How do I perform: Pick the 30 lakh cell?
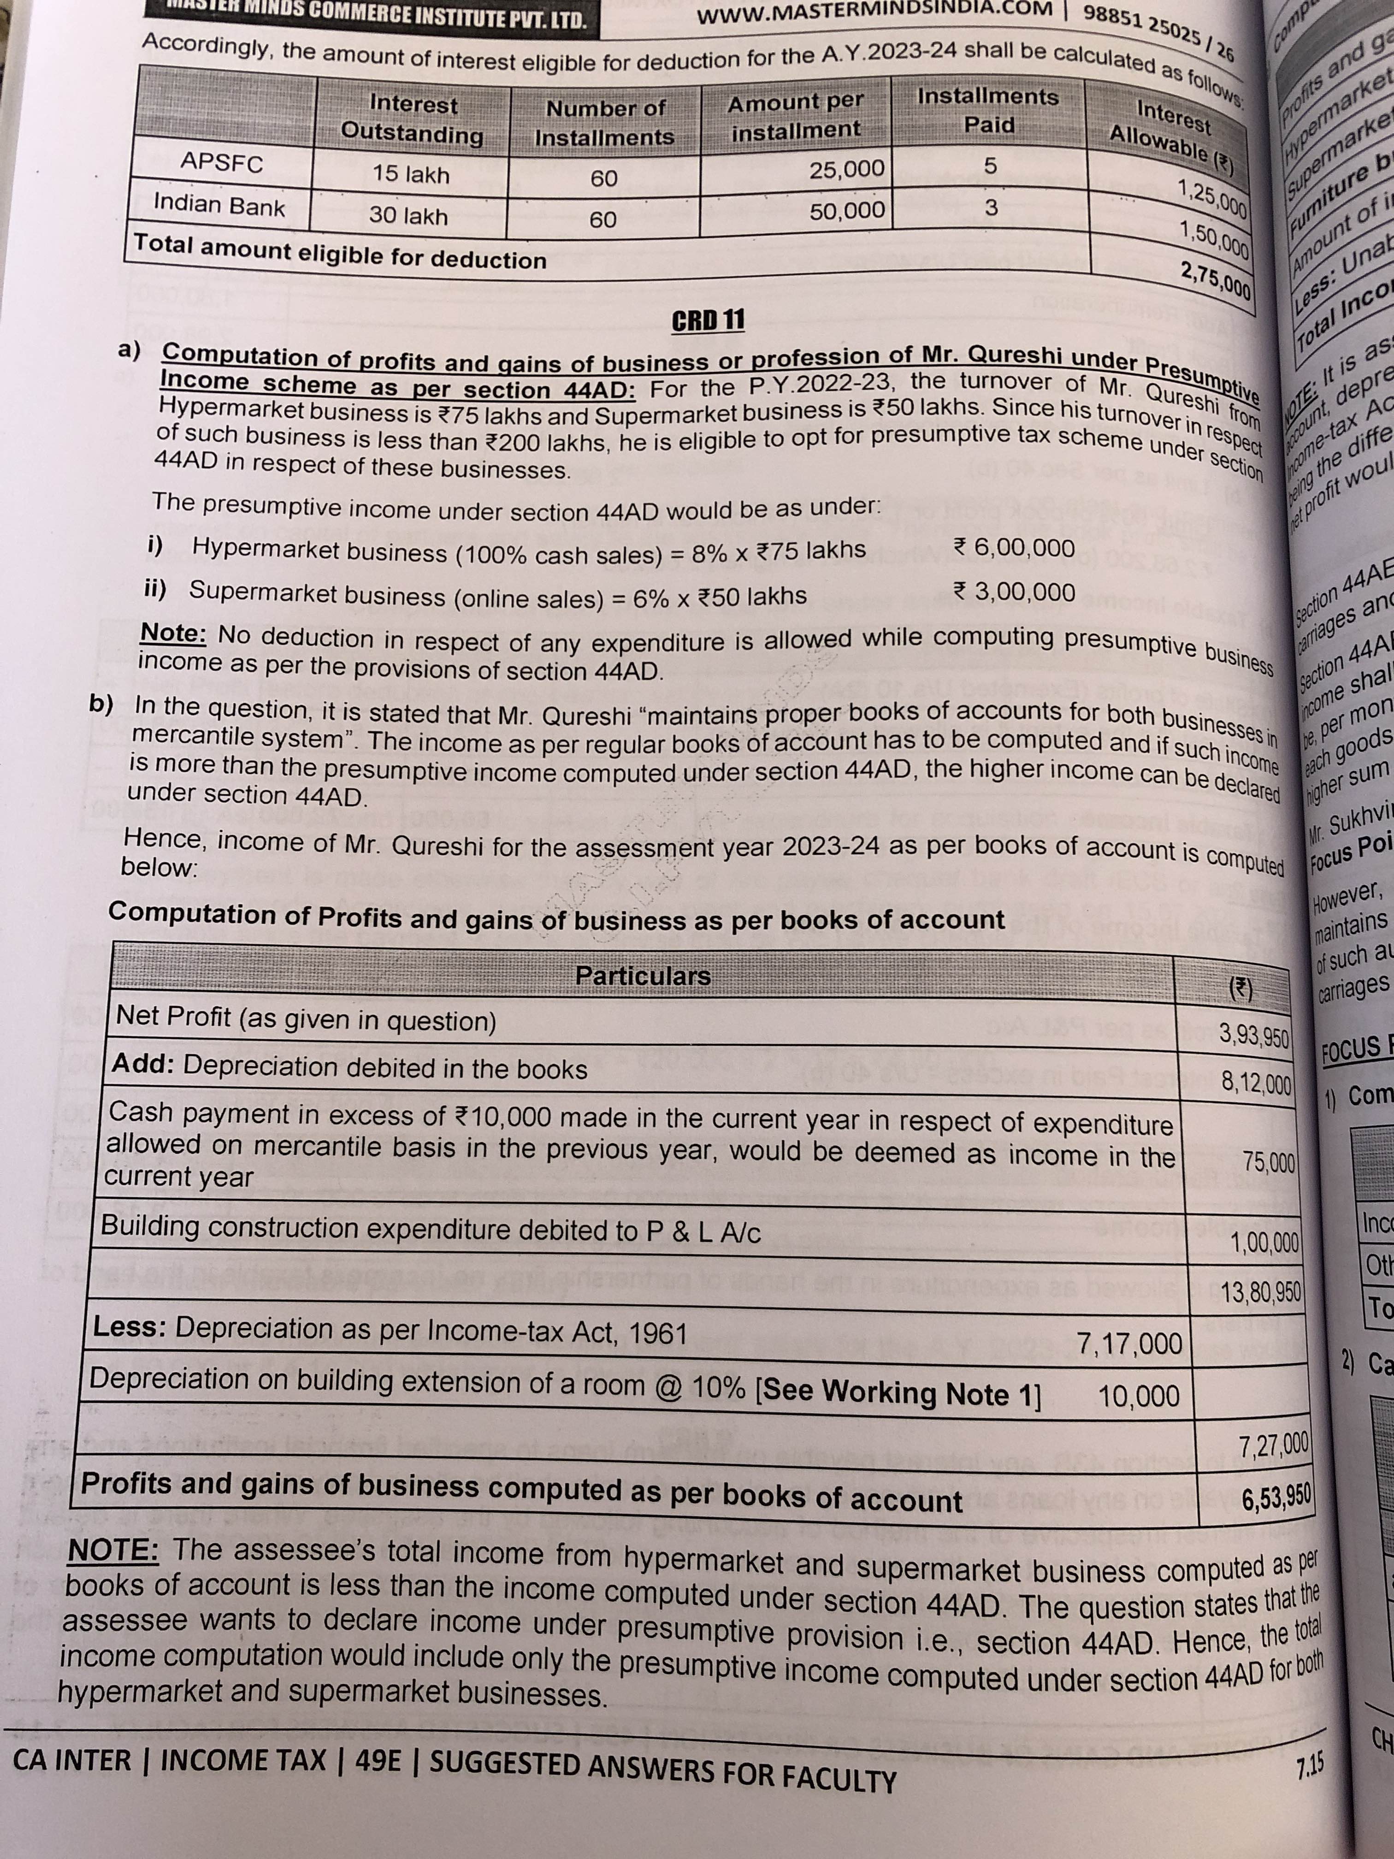pyautogui.click(x=408, y=216)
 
